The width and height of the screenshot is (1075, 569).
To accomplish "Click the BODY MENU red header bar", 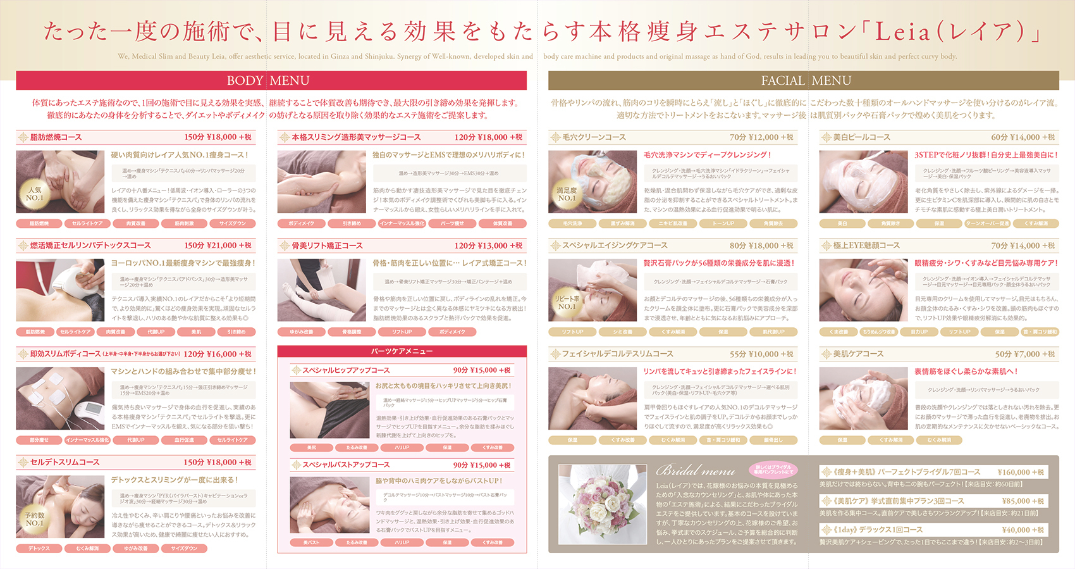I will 271,80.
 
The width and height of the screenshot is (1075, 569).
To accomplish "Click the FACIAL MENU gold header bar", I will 803,80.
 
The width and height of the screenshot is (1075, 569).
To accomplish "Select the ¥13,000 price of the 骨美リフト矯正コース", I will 493,246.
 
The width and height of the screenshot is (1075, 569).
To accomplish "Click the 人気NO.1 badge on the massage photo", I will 35,194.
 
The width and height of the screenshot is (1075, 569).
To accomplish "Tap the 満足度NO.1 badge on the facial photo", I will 567,194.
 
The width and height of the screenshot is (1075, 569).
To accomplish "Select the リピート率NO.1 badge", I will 567,303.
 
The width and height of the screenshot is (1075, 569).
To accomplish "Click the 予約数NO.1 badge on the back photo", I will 35,519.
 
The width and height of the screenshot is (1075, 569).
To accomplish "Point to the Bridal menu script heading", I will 696,470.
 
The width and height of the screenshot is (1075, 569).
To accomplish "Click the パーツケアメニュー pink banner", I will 402,351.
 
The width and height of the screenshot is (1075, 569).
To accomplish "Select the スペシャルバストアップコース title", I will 346,465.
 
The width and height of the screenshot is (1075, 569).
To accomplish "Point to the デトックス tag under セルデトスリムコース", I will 39,549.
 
